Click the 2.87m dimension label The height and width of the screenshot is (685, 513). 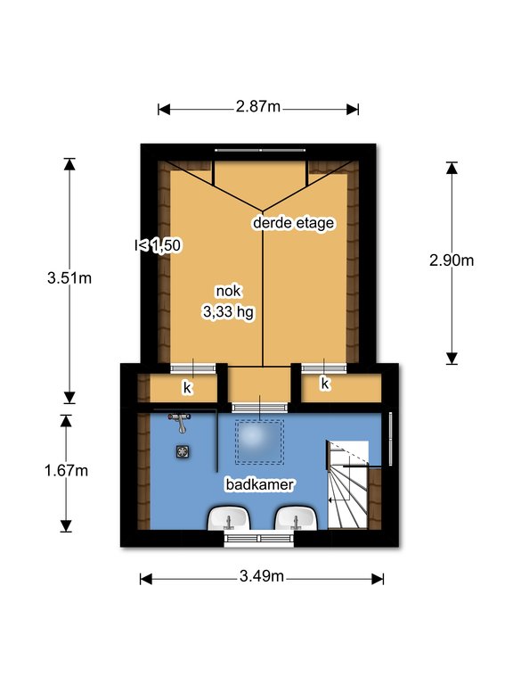257,107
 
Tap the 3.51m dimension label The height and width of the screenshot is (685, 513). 69,278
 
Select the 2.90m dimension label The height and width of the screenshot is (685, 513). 452,260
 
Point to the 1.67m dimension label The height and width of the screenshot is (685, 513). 66,471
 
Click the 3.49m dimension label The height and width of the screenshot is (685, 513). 261,576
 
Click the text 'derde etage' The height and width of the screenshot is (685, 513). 294,223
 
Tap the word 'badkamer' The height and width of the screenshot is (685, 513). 260,484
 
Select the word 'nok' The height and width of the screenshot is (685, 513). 228,291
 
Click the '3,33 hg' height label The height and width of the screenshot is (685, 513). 228,312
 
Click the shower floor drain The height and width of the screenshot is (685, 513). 183,451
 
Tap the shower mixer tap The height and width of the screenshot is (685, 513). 179,422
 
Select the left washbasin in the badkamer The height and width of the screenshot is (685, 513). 229,518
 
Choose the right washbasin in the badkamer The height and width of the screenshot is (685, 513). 296,518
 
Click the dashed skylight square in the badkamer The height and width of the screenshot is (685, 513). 259,442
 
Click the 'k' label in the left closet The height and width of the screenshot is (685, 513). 188,387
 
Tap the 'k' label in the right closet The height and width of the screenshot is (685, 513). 325,384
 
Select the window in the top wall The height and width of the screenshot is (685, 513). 260,150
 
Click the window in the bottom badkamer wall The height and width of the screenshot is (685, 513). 259,539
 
